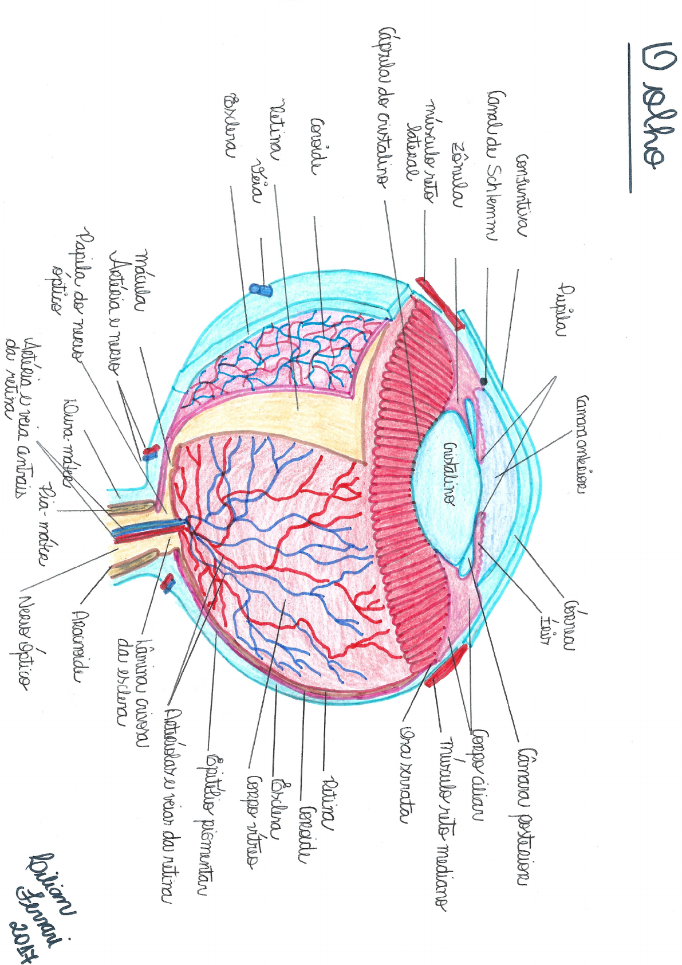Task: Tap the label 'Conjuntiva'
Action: coord(521,195)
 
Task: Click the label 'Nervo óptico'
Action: coord(26,642)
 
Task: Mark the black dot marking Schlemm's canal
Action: coord(484,382)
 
